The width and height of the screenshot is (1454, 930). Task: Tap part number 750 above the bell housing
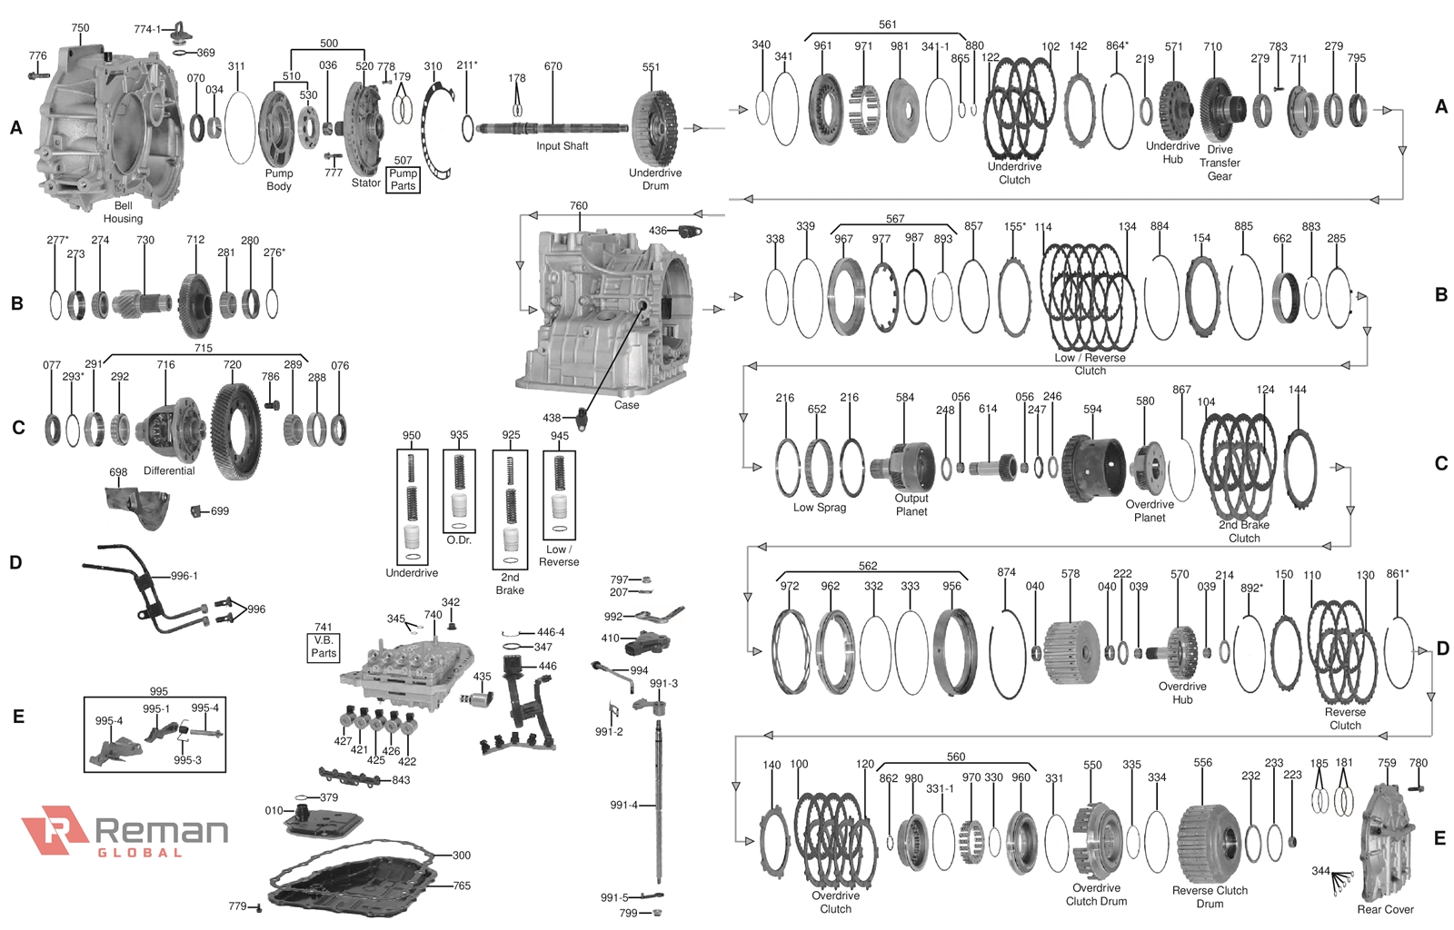pos(80,28)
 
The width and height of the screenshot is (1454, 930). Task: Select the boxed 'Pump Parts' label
pos(403,179)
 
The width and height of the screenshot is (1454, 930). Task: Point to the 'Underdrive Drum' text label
pos(655,179)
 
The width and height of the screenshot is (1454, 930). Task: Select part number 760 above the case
pos(579,206)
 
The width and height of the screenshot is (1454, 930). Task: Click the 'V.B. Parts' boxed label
pos(324,647)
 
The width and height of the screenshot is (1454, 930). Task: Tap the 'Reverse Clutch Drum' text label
pos(1210,896)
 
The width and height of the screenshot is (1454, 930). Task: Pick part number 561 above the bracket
pos(888,25)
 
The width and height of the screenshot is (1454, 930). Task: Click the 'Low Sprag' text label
pos(820,508)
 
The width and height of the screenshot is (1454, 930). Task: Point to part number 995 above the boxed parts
pos(159,691)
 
